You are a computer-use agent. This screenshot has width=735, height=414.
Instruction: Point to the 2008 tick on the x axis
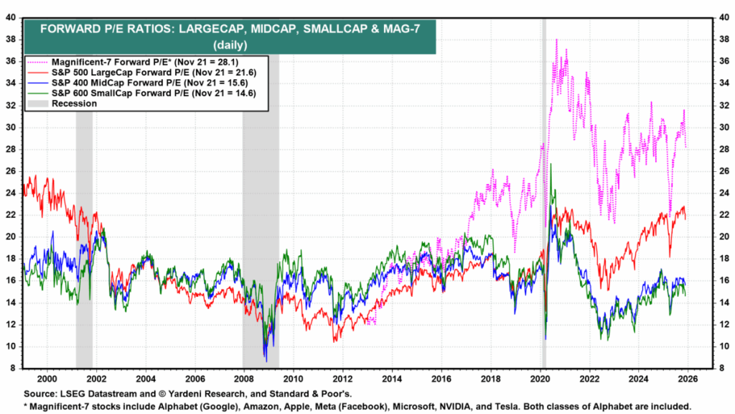[x=243, y=378]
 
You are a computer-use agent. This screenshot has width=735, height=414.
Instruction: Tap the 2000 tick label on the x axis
[x=47, y=378]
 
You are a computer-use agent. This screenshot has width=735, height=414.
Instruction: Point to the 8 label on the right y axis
[x=718, y=368]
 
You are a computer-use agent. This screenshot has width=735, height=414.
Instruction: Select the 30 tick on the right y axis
[x=720, y=127]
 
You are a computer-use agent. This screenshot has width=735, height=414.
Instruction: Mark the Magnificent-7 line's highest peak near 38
[x=556, y=40]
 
